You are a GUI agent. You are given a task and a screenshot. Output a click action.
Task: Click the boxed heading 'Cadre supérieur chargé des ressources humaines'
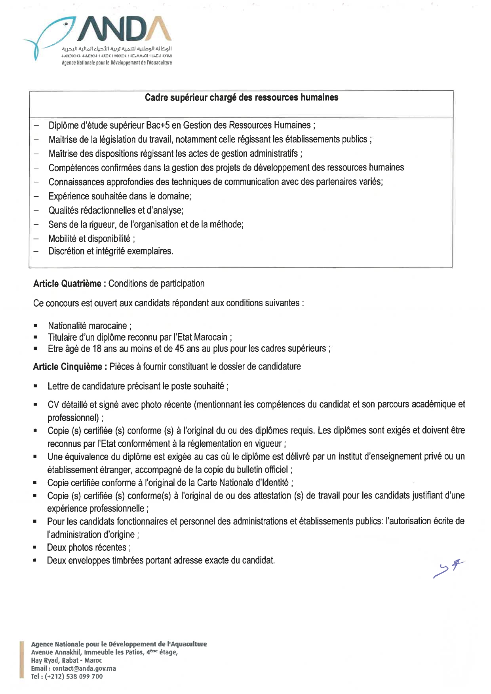click(241, 98)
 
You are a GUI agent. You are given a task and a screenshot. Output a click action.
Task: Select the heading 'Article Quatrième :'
click(70, 284)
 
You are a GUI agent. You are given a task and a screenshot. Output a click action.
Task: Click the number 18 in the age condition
click(97, 349)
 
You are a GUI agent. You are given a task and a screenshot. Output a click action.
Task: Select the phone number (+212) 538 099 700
click(74, 676)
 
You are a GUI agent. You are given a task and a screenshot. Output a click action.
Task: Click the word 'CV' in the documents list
click(53, 405)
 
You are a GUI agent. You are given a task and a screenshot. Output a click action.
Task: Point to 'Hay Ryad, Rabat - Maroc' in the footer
click(67, 660)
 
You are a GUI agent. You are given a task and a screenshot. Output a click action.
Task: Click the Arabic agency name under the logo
click(117, 49)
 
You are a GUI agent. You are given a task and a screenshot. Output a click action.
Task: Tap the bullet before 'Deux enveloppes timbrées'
click(35, 560)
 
